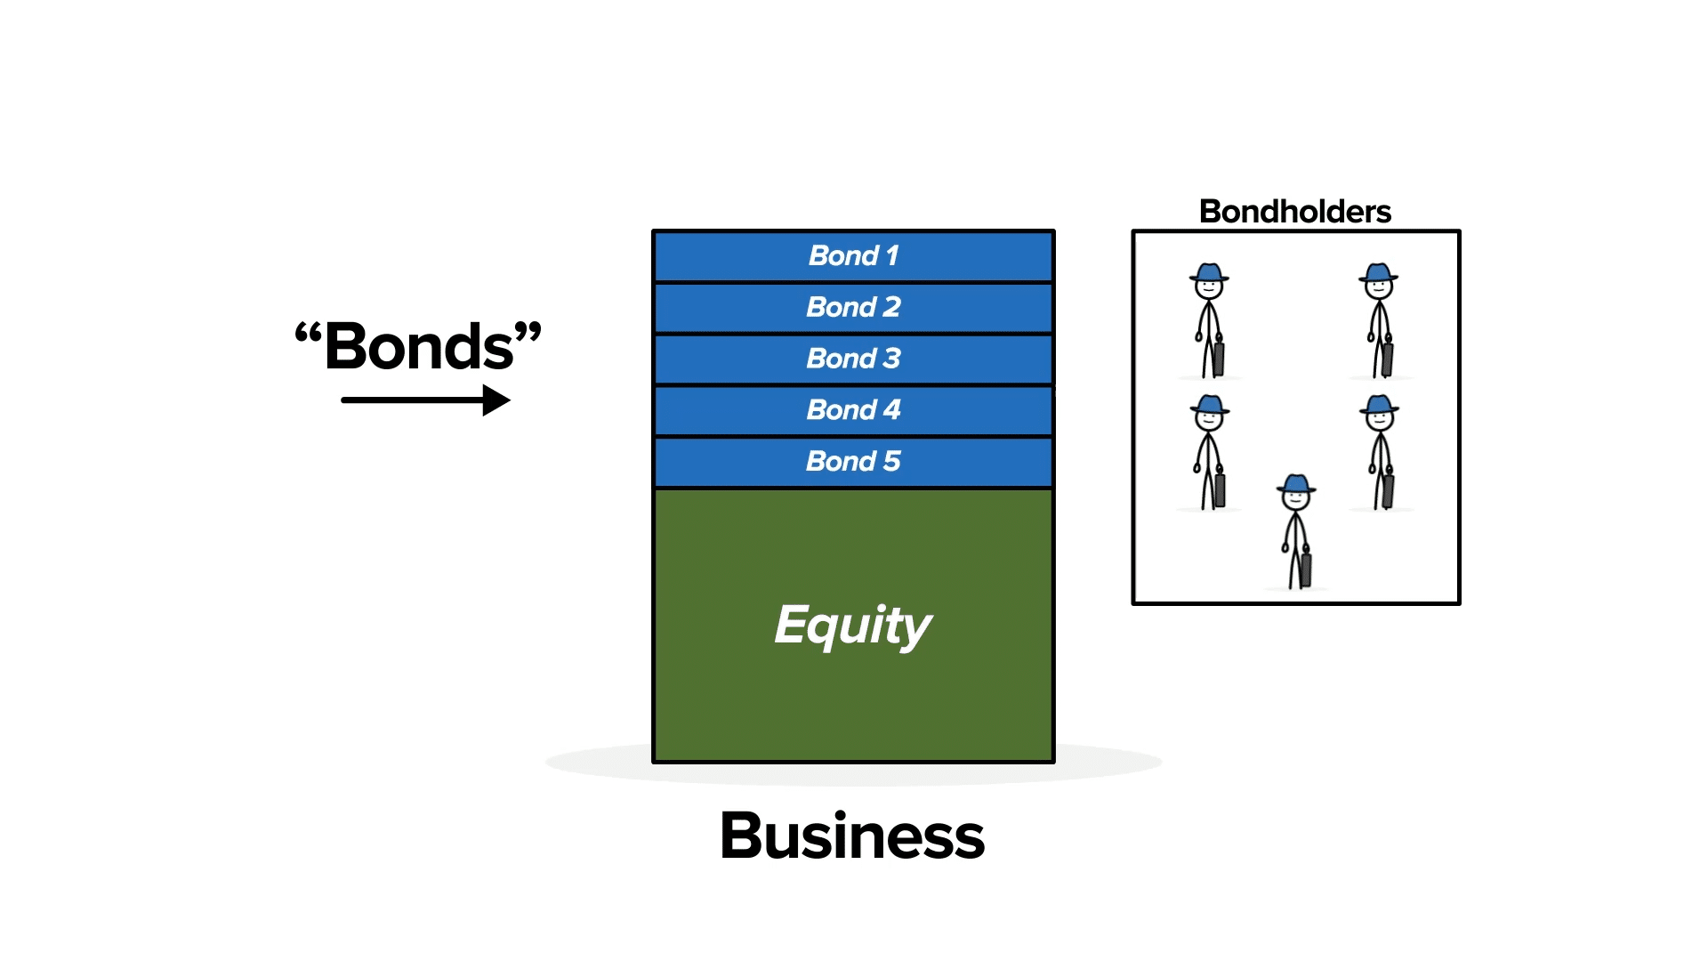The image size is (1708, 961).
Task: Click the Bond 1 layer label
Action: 853,256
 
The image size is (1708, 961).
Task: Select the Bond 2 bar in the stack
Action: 853,308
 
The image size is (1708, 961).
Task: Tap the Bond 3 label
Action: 853,359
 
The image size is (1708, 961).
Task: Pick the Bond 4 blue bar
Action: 853,410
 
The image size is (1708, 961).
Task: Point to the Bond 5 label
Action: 853,462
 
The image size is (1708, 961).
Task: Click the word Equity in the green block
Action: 852,625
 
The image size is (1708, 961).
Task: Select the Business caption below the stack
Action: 852,836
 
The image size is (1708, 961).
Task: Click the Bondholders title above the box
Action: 1294,212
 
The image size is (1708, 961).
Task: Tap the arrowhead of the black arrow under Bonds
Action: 496,400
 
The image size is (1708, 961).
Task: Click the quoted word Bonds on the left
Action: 419,347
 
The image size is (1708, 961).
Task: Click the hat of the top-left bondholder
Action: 1209,272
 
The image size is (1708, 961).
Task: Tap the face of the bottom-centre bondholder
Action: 1296,499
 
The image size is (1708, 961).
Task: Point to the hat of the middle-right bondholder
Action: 1379,406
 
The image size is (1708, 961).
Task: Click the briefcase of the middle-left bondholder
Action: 1219,489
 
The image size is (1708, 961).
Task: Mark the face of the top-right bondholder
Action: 1378,287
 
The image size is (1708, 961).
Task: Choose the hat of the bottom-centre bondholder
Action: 1296,484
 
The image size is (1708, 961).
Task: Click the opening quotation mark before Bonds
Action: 308,335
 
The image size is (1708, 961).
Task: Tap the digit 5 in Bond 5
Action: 891,462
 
